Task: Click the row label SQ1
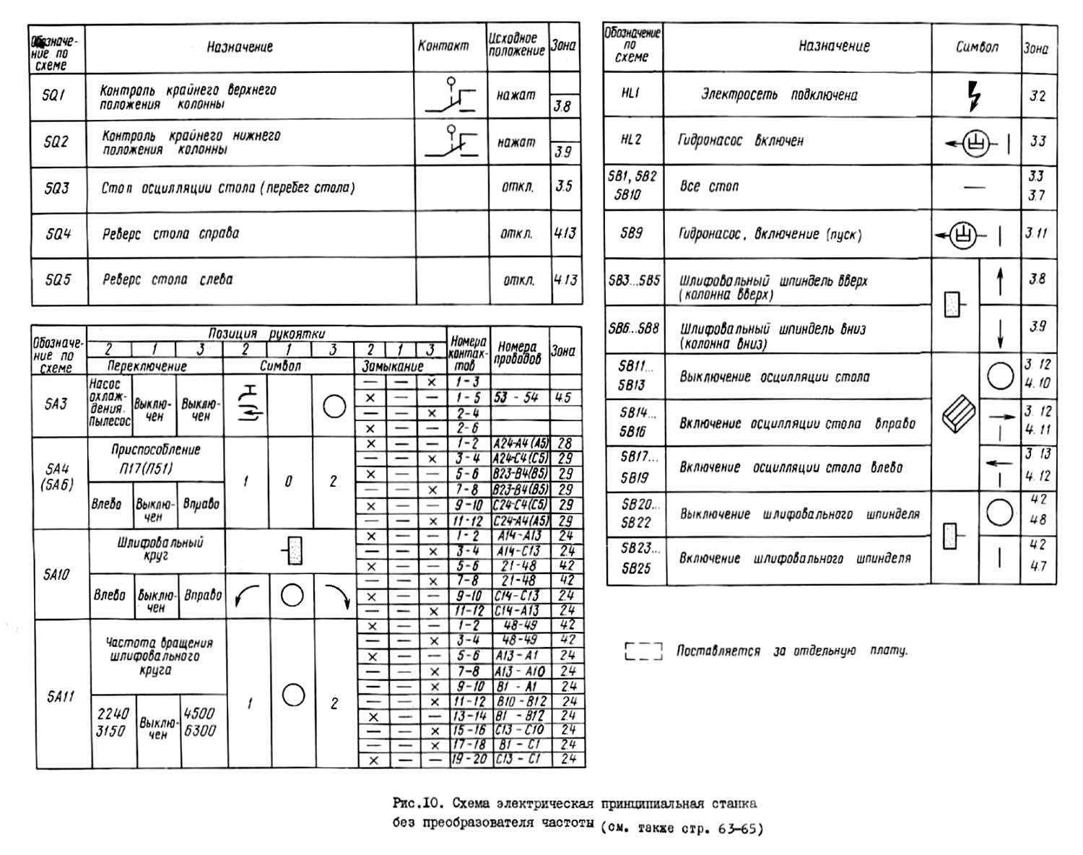pos(54,95)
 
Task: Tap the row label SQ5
pos(58,279)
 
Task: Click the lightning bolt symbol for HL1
pos(975,95)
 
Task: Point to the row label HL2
pos(631,139)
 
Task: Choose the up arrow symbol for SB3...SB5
pos(1000,281)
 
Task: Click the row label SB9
pos(631,233)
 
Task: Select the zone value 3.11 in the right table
pos(1036,233)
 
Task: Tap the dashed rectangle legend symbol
pos(643,651)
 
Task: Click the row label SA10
pos(56,575)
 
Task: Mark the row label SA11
pos(61,697)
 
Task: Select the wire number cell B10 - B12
pos(521,701)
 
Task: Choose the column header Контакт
pos(443,46)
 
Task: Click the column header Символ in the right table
pos(977,47)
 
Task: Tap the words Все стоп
pos(709,186)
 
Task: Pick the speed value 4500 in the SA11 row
pos(199,713)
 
